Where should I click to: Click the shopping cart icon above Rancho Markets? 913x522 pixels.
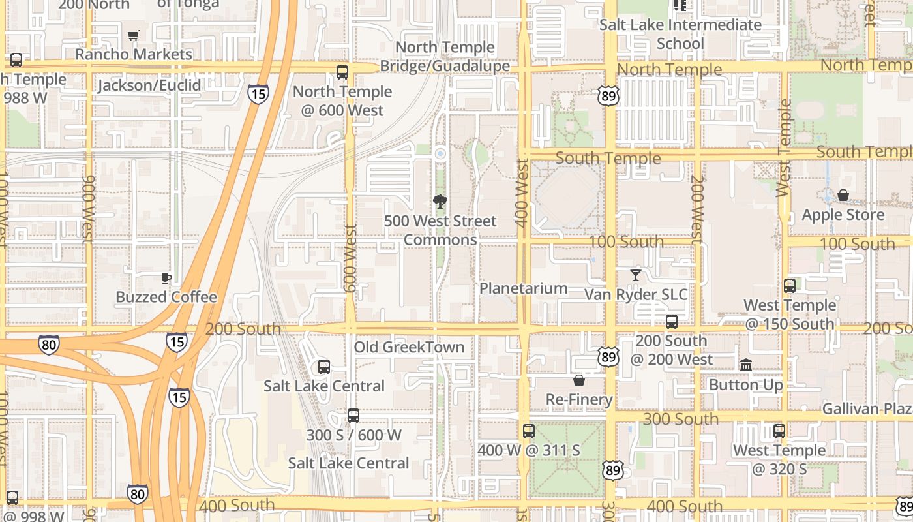pyautogui.click(x=134, y=36)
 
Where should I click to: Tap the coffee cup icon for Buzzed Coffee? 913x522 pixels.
pyautogui.click(x=166, y=279)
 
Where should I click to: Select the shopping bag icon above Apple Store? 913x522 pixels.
pyautogui.click(x=843, y=195)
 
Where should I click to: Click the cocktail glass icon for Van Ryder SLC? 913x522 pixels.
pyautogui.click(x=636, y=275)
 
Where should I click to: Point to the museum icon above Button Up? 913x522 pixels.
pyautogui.click(x=746, y=365)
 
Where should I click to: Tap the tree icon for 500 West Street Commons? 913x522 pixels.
pyautogui.click(x=440, y=202)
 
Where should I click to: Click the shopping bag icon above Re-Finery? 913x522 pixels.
pyautogui.click(x=578, y=380)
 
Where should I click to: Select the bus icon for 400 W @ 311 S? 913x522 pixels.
pyautogui.click(x=528, y=431)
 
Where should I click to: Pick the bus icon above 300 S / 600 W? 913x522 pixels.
pyautogui.click(x=353, y=416)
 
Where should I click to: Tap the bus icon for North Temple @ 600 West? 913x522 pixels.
pyautogui.click(x=342, y=72)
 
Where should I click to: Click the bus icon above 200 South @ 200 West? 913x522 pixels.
pyautogui.click(x=671, y=322)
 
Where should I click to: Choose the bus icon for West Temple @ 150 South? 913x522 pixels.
pyautogui.click(x=789, y=286)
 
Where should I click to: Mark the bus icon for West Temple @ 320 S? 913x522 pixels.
pyautogui.click(x=779, y=431)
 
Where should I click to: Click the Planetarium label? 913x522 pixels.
pyautogui.click(x=523, y=288)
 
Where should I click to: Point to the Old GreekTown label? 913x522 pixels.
pyautogui.click(x=409, y=347)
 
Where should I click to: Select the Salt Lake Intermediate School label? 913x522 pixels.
pyautogui.click(x=680, y=34)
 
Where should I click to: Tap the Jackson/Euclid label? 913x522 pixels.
pyautogui.click(x=149, y=85)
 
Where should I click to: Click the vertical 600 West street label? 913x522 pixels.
pyautogui.click(x=351, y=258)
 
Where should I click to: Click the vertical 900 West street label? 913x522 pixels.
pyautogui.click(x=89, y=209)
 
